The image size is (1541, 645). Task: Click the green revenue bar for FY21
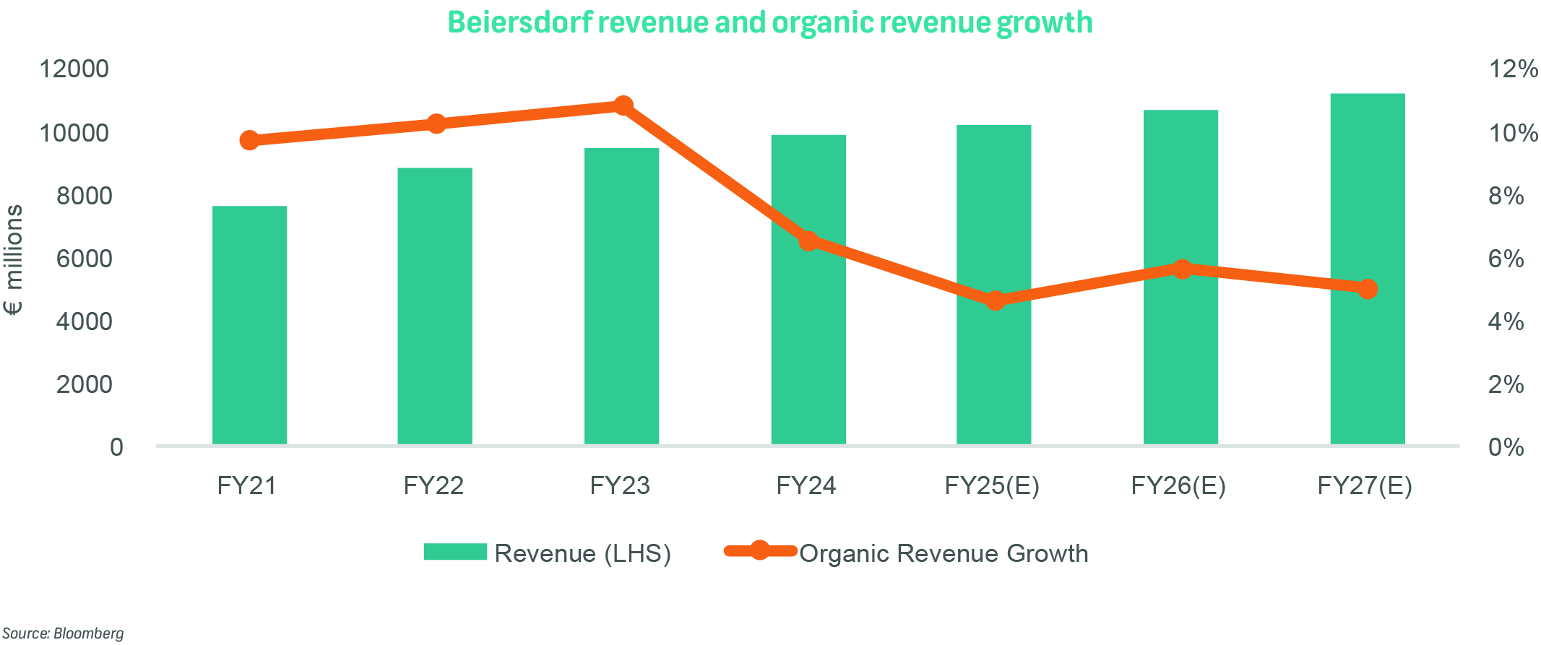coord(249,325)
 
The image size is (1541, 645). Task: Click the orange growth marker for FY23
coord(623,106)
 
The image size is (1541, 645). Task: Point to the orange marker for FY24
coord(808,241)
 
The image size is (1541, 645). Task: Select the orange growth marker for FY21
coord(249,140)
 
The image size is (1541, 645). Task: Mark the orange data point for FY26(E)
coord(1182,269)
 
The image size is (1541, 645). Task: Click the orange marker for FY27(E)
coord(1368,289)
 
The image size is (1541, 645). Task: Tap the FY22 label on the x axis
coord(433,485)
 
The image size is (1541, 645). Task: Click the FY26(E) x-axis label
coord(1178,485)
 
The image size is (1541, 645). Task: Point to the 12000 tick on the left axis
coord(74,69)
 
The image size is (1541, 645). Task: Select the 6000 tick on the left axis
coord(84,259)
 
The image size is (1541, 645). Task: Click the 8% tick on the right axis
coord(1506,196)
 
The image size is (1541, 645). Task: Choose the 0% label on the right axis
coord(1506,447)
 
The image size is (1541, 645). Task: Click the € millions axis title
coord(14,260)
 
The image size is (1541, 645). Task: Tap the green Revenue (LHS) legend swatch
coord(455,552)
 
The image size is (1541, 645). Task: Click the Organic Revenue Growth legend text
coord(944,553)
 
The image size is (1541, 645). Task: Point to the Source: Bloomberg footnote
coord(64,633)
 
